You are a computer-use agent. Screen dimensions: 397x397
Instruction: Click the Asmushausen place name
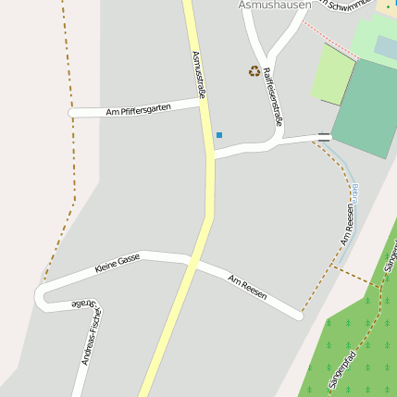(276, 5)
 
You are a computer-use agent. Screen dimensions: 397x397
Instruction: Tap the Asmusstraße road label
(199, 74)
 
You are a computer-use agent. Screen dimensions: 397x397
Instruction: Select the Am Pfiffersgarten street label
(139, 110)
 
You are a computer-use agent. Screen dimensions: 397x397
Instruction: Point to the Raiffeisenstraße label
(272, 95)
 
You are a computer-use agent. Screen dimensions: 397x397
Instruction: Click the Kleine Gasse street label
(118, 264)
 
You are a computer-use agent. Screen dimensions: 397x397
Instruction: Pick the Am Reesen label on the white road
(247, 287)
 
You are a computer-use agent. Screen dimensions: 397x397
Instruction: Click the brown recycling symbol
(254, 71)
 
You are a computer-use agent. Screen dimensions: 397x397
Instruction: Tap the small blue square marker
(219, 135)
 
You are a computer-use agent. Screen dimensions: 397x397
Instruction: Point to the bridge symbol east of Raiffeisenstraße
(323, 137)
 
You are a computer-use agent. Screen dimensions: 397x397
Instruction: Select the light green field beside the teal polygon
(331, 74)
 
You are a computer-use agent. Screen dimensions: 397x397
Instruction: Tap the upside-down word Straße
(82, 303)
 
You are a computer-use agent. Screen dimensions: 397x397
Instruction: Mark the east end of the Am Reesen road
(298, 316)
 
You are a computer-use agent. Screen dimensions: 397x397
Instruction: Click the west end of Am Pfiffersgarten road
(72, 113)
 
